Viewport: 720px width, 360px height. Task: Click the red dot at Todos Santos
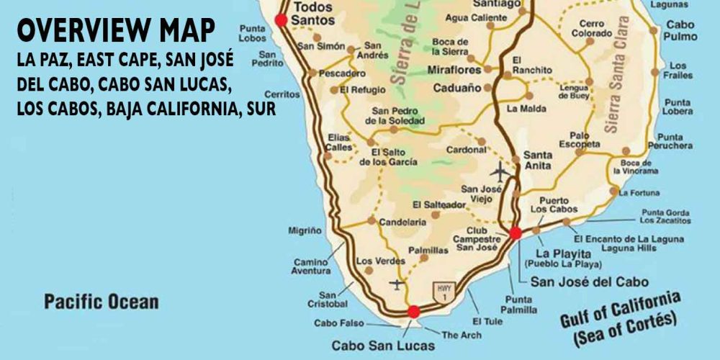click(282, 20)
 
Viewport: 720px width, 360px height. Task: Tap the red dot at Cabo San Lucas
click(413, 312)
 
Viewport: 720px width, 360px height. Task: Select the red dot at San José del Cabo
click(515, 233)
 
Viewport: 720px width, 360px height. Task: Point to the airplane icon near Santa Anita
click(500, 172)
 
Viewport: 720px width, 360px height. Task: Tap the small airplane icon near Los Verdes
click(397, 284)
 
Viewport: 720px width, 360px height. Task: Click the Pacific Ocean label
click(101, 301)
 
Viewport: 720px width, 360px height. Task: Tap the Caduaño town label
click(457, 89)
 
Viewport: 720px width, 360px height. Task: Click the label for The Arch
click(461, 335)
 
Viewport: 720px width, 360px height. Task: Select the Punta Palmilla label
click(521, 305)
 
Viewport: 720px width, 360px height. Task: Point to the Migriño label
click(305, 230)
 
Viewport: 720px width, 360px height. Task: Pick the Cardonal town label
click(466, 150)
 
